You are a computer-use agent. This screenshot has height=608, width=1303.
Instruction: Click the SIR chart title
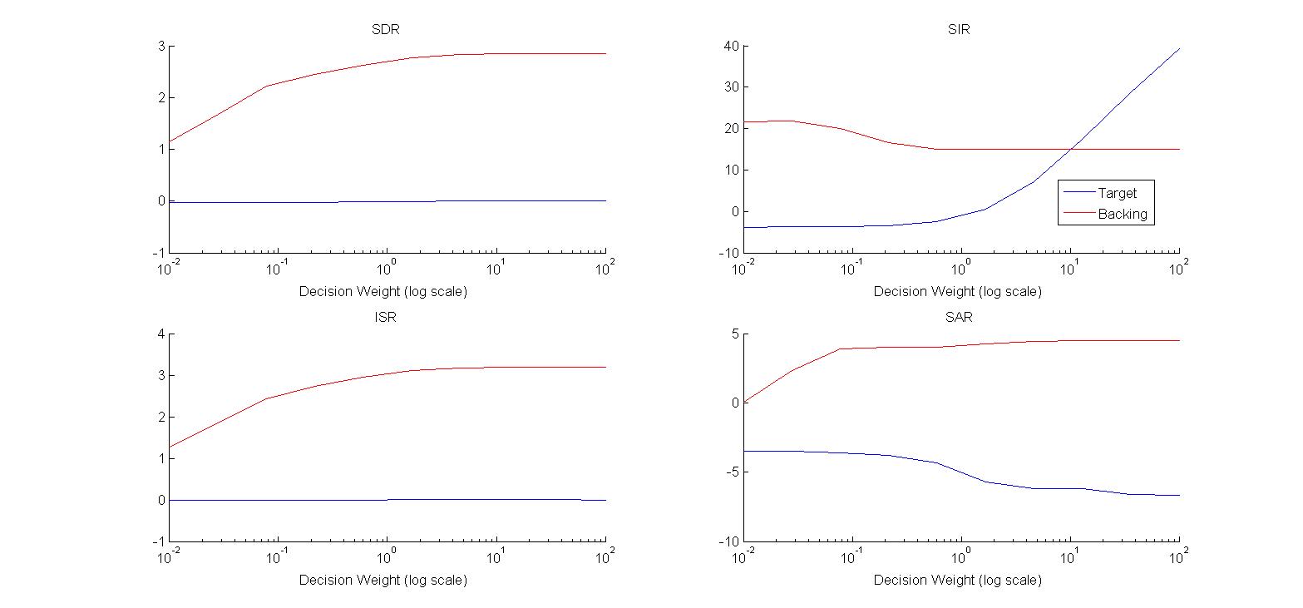tap(958, 30)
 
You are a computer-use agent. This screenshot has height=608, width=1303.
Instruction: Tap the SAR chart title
tap(958, 318)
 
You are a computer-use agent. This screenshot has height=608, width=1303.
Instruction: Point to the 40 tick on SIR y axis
tap(732, 46)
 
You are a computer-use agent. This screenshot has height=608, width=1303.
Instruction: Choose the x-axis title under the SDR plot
tap(383, 291)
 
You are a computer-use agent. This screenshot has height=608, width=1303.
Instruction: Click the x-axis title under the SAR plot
tap(958, 580)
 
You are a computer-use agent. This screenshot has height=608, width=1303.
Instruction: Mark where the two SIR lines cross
tap(1073, 149)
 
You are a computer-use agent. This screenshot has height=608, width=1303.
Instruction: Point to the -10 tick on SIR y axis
tap(729, 252)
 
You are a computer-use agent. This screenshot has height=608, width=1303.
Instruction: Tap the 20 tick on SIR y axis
tap(732, 128)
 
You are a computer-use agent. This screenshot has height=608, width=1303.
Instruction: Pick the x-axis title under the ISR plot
tap(383, 580)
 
